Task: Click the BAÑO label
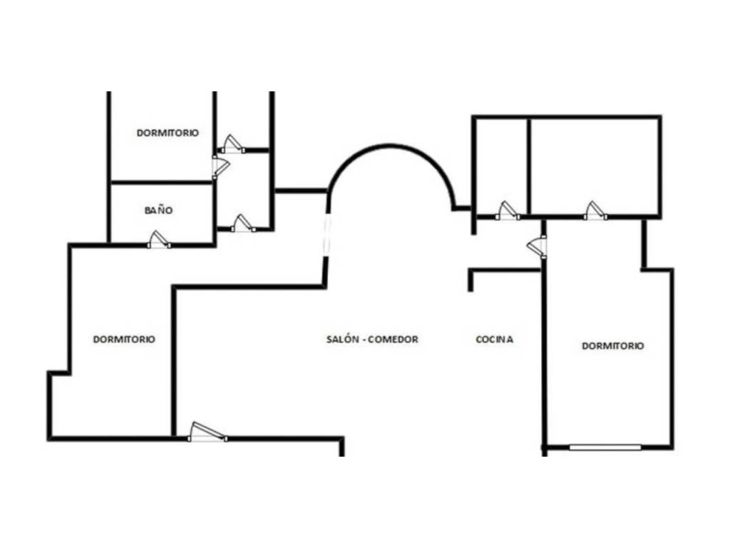[x=159, y=210]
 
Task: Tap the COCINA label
[x=495, y=339]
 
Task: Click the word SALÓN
[x=343, y=339]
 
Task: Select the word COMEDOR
[x=393, y=339]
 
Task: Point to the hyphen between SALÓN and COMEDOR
[x=364, y=340]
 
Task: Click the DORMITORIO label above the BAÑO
[x=168, y=133]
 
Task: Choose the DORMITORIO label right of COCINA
[x=613, y=346]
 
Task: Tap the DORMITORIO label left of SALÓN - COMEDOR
[x=124, y=339]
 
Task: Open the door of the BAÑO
[x=159, y=240]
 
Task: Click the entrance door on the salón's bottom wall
[x=207, y=432]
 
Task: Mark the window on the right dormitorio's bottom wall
[x=605, y=447]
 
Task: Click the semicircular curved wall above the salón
[x=390, y=147]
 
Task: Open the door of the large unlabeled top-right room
[x=595, y=210]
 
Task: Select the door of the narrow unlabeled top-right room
[x=508, y=210]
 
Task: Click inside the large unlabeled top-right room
[x=595, y=166]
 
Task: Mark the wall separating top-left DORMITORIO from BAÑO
[x=162, y=182]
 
